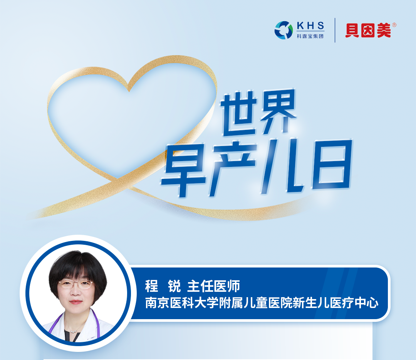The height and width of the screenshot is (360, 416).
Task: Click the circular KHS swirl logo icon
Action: point(283,30)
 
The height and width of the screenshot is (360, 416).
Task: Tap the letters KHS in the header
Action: point(310,25)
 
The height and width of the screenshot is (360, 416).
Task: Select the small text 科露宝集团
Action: point(310,36)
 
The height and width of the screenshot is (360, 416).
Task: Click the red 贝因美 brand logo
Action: point(368,30)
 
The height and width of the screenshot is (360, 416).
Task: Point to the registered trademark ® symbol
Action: point(394,25)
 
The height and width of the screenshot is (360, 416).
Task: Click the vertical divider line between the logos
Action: point(335,30)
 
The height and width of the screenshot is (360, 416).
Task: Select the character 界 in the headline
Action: point(278,111)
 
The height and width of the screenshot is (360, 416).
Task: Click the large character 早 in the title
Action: point(184,170)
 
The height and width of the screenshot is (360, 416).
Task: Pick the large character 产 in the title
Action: point(233,168)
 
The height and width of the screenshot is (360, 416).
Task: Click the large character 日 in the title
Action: point(332,165)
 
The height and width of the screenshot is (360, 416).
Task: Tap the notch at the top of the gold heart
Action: point(129,90)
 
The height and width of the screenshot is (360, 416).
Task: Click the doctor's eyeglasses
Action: point(75,284)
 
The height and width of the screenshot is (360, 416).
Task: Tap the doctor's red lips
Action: point(76,301)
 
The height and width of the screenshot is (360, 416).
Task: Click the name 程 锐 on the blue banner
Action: point(163,286)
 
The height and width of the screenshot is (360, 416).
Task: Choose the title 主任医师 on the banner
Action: point(213,286)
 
